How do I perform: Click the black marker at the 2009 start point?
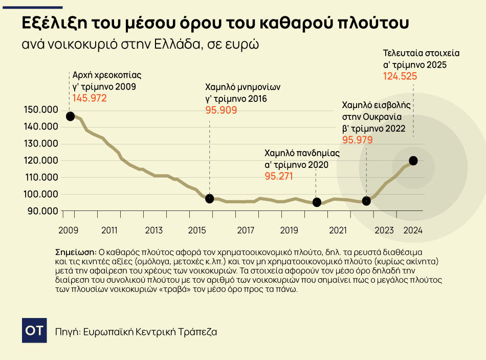pyautogui.click(x=70, y=116)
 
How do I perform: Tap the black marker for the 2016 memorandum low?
pyautogui.click(x=209, y=198)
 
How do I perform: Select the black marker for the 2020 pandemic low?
pyautogui.click(x=317, y=202)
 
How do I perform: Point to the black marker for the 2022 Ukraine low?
pyautogui.click(x=366, y=201)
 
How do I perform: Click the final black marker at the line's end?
pyautogui.click(x=413, y=161)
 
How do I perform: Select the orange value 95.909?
pyautogui.click(x=221, y=110)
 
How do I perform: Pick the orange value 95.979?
pyautogui.click(x=357, y=140)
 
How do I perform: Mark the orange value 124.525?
pyautogui.click(x=400, y=76)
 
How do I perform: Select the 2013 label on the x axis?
pyautogui.click(x=154, y=230)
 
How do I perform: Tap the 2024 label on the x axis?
pyautogui.click(x=413, y=230)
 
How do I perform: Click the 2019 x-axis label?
pyautogui.click(x=290, y=230)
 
